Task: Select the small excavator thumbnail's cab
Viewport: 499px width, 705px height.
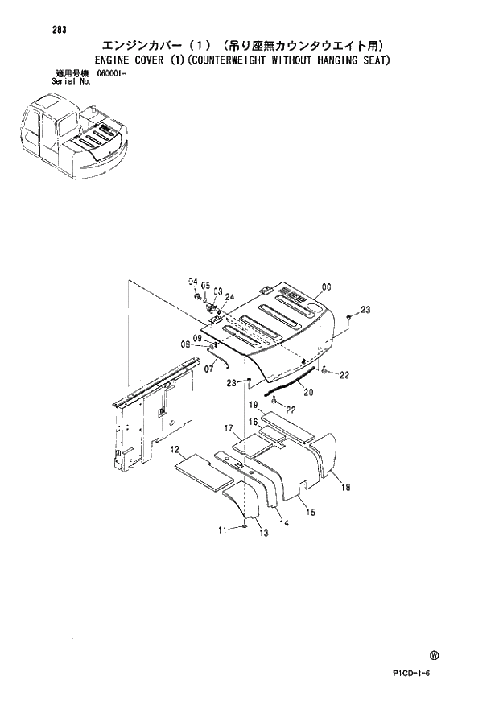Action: tap(43, 129)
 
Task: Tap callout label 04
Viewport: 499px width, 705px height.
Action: tap(193, 281)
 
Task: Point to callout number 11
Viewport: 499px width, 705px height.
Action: tap(223, 528)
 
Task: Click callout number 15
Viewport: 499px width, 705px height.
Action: tap(310, 511)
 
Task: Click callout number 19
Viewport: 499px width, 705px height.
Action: tap(251, 405)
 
